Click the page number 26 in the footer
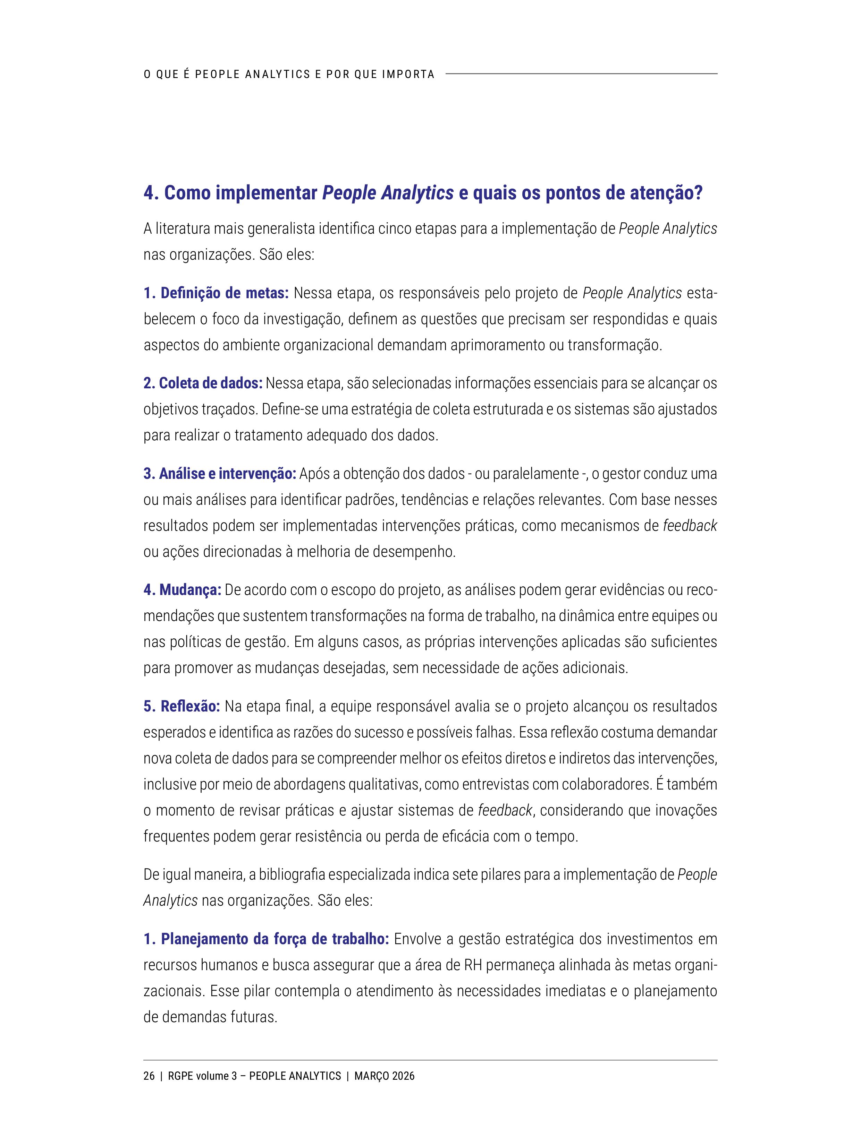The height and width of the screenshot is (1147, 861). (x=149, y=1076)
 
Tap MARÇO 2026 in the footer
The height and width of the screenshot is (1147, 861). (x=384, y=1076)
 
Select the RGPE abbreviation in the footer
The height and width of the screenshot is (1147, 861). (x=180, y=1076)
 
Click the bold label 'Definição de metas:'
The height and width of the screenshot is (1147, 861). (x=216, y=293)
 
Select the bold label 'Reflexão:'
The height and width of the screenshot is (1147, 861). (x=182, y=706)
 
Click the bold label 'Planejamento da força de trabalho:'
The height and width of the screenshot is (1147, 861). (x=266, y=939)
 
